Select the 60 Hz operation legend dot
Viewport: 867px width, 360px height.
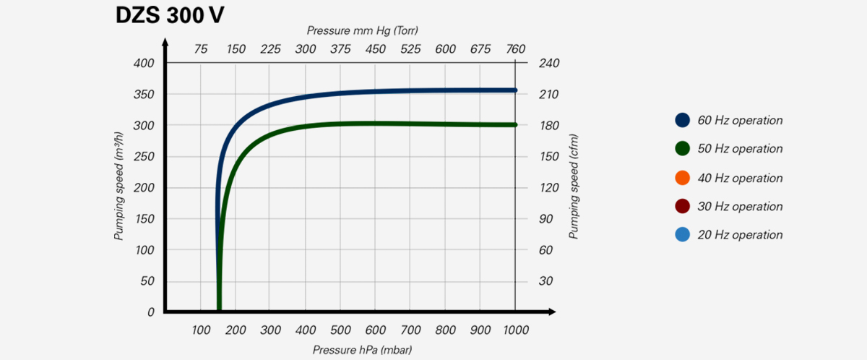point(682,120)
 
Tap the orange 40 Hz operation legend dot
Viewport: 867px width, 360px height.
point(682,178)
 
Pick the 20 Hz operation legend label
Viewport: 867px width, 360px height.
point(740,235)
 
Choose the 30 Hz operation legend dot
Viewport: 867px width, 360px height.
point(682,206)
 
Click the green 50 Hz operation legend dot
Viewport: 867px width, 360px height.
point(682,148)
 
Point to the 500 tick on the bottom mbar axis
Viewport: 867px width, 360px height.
point(340,330)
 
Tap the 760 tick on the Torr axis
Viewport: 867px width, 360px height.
point(515,49)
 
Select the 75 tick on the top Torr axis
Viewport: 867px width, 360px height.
point(201,49)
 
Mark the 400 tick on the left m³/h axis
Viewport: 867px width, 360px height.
point(144,64)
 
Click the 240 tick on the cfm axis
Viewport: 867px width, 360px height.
point(550,64)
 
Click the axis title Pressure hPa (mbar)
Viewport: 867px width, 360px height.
point(362,350)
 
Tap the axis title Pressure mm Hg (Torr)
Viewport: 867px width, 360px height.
point(362,30)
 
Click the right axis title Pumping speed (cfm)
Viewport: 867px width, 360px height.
point(574,187)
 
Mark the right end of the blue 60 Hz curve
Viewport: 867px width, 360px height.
point(514,90)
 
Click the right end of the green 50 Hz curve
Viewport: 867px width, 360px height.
point(514,125)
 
